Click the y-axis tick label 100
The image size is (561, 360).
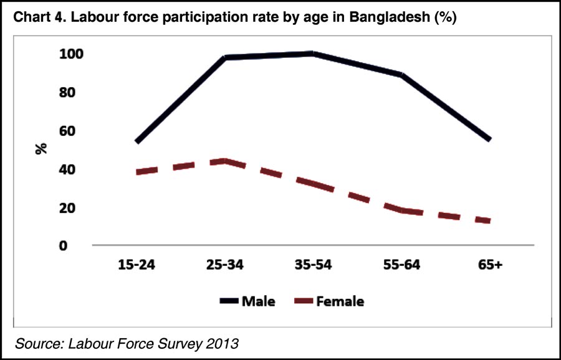pyautogui.click(x=71, y=54)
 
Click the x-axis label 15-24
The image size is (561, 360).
pyautogui.click(x=136, y=265)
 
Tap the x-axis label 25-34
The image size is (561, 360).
pyautogui.click(x=224, y=265)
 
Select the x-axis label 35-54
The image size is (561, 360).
pyautogui.click(x=313, y=265)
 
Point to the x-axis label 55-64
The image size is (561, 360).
pyautogui.click(x=401, y=265)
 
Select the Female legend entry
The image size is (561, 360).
pyautogui.click(x=340, y=302)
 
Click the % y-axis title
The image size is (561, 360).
pyautogui.click(x=42, y=149)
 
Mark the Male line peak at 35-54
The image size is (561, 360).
pyautogui.click(x=313, y=54)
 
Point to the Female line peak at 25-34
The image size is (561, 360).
pyautogui.click(x=224, y=161)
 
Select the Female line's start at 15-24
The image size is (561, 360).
pyautogui.click(x=137, y=172)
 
